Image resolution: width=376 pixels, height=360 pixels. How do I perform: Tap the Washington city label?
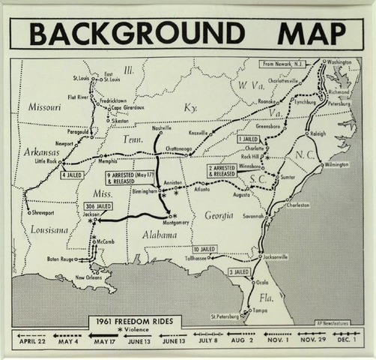(x=339, y=62)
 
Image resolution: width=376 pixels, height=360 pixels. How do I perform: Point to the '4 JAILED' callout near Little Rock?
(x=72, y=175)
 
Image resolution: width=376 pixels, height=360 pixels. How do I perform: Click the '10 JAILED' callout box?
(x=204, y=248)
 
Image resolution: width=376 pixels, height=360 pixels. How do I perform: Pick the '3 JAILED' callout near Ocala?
(x=239, y=271)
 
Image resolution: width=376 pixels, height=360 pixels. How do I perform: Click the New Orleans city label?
(x=89, y=278)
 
